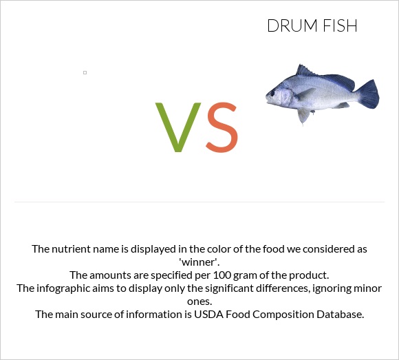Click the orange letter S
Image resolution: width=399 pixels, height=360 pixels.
click(222, 128)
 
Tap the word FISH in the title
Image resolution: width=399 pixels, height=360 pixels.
click(339, 27)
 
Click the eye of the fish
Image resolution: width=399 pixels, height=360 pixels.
click(279, 92)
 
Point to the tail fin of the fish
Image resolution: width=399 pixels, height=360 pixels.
click(368, 94)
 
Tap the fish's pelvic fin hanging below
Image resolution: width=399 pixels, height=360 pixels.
click(303, 114)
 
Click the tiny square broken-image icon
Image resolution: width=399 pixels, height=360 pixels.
click(85, 72)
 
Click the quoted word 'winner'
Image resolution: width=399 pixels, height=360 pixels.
click(199, 262)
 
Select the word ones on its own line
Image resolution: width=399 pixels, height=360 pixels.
click(199, 301)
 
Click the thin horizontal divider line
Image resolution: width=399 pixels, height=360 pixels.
click(199, 202)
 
